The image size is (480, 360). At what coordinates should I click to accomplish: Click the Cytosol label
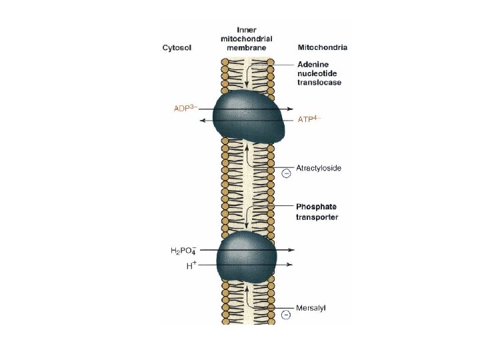point(176,48)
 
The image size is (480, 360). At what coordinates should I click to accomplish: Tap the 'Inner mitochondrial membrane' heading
point(247,39)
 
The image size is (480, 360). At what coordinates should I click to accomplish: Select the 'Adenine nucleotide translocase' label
point(319,73)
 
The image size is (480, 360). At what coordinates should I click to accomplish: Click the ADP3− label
point(183,108)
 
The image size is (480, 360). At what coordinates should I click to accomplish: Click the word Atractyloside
point(319,168)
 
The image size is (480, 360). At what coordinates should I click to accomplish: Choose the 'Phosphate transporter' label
point(317,212)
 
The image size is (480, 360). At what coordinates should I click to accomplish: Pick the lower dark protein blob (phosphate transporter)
point(247,259)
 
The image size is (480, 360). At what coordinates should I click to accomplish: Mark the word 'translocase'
point(319,83)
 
